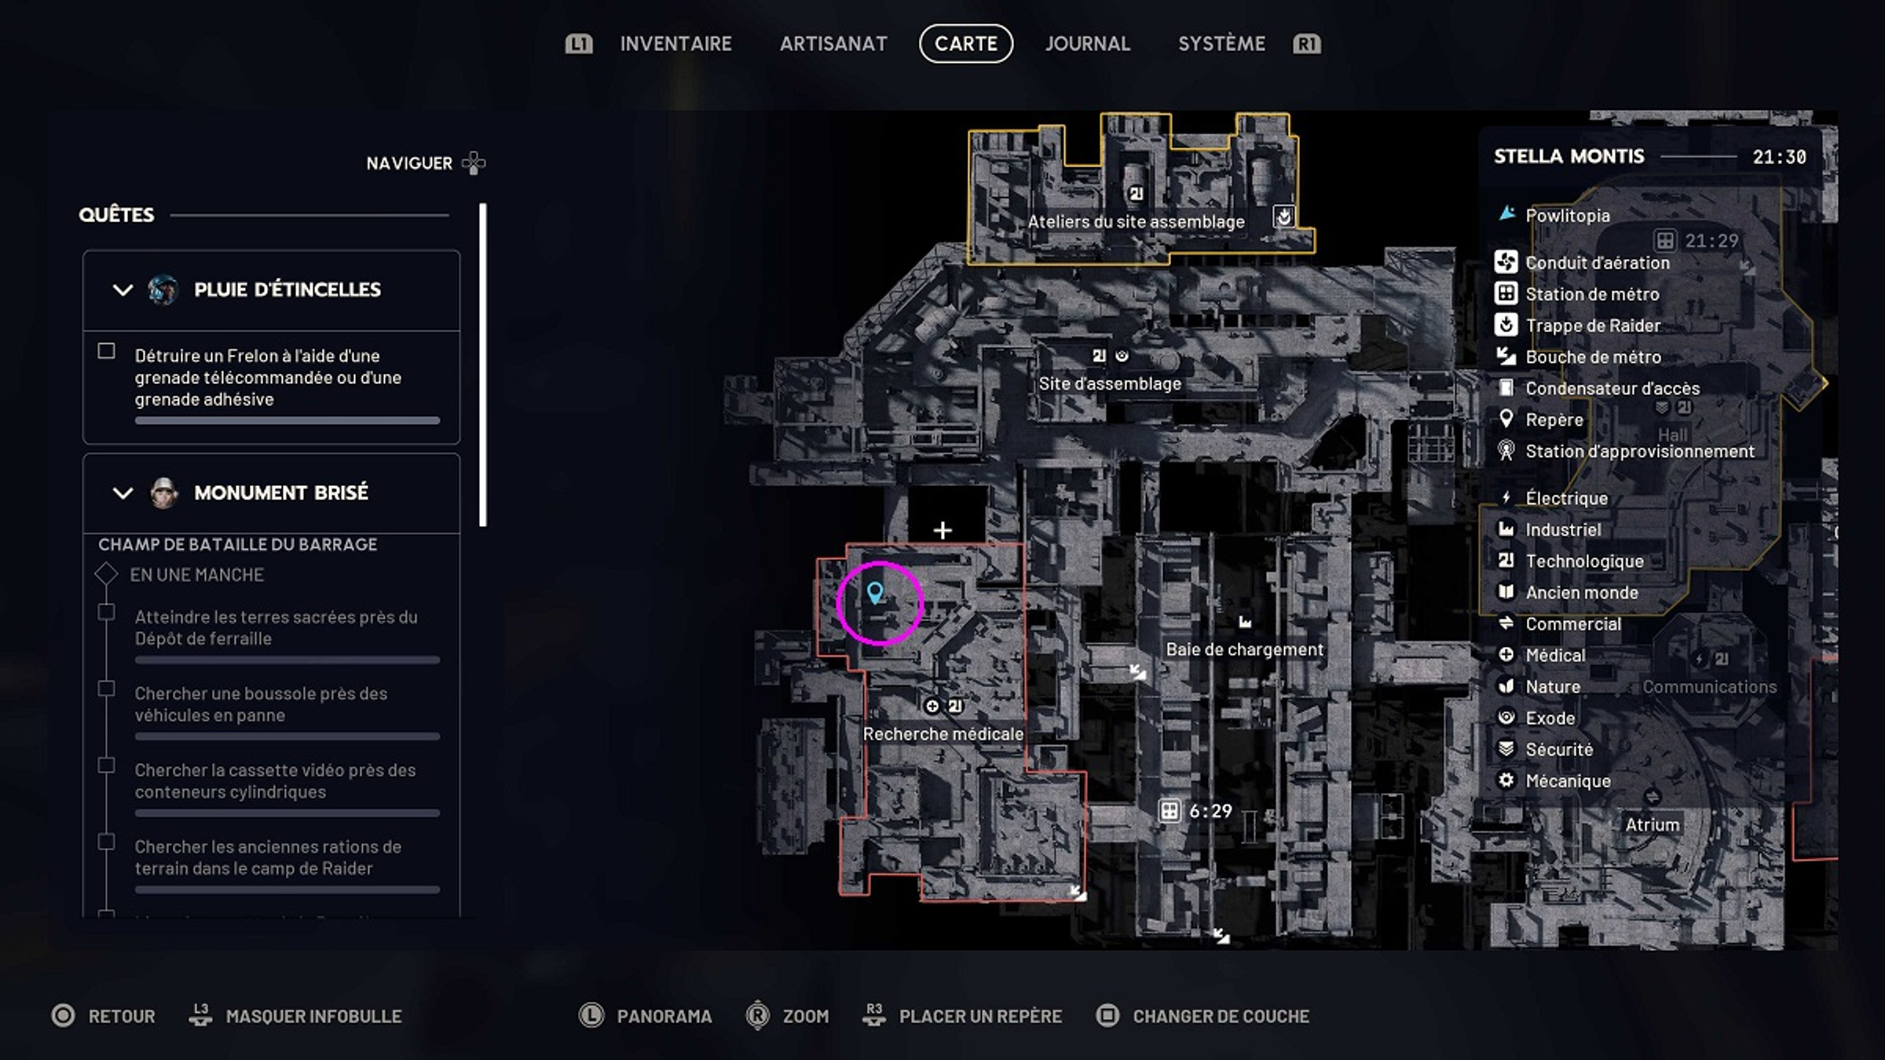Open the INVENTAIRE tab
pyautogui.click(x=675, y=44)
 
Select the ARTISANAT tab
pyautogui.click(x=833, y=44)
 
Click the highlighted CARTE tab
pyautogui.click(x=966, y=44)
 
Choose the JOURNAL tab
pyautogui.click(x=1088, y=44)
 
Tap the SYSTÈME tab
pyautogui.click(x=1221, y=44)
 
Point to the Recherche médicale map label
pyautogui.click(x=943, y=734)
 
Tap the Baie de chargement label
pyautogui.click(x=1245, y=649)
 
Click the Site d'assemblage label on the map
pyautogui.click(x=1110, y=384)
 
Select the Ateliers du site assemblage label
pyautogui.click(x=1136, y=222)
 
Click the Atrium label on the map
pyautogui.click(x=1653, y=825)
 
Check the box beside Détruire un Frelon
pyautogui.click(x=107, y=351)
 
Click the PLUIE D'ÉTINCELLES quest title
pyautogui.click(x=287, y=290)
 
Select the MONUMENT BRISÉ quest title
pyautogui.click(x=281, y=493)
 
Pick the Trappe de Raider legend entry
pyautogui.click(x=1593, y=326)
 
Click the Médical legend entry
pyautogui.click(x=1555, y=656)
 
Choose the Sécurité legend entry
pyautogui.click(x=1559, y=750)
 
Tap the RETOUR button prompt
pyautogui.click(x=121, y=1016)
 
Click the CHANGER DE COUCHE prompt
pyautogui.click(x=1221, y=1016)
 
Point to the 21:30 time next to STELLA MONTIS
pyautogui.click(x=1779, y=157)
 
